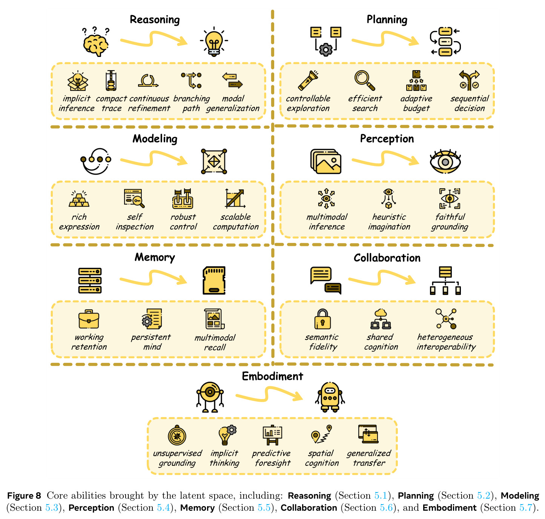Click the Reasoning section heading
pos(155,20)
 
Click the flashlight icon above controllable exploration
pos(308,80)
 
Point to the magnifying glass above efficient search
pos(365,80)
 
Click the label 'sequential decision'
pos(469,103)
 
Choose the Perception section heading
pos(387,139)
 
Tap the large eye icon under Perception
pos(445,162)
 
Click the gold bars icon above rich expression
pos(79,199)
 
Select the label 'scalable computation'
pos(236,221)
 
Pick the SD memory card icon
pos(214,280)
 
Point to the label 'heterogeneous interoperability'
pos(446,342)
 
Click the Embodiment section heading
pos(272,376)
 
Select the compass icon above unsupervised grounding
pos(177,435)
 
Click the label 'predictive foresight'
pos(272,458)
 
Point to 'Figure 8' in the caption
pos(24,496)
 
